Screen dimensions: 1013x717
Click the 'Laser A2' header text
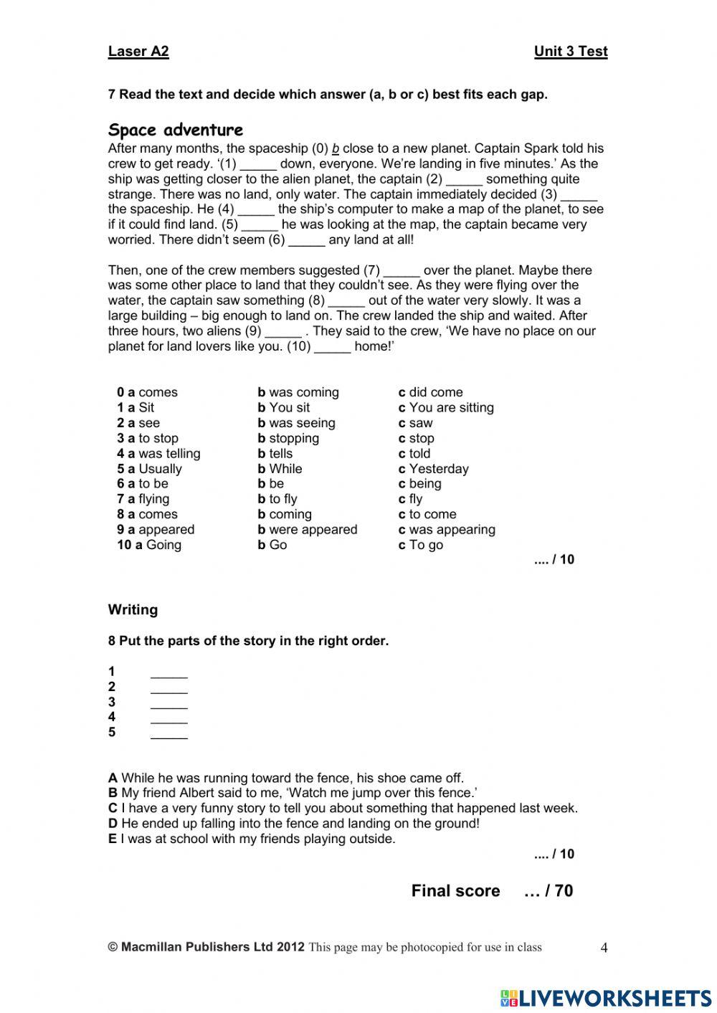138,51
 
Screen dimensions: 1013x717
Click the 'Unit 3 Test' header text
570,51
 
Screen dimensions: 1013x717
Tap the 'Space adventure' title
176,130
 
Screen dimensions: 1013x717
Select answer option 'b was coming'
298,392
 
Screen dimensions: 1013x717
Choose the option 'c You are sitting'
446,407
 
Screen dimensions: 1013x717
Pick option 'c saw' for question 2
416,423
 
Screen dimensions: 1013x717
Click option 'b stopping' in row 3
288,438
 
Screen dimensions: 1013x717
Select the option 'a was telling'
158,453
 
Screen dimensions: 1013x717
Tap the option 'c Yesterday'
433,469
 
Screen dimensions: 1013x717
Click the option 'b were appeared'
308,530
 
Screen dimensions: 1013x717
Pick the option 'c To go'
421,545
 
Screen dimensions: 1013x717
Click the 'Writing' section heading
133,610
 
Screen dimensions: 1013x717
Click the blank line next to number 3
169,703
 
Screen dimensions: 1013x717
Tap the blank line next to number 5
169,733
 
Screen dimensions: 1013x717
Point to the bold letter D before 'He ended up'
113,824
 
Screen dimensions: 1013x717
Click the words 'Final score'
455,891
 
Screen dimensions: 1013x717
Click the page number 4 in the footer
604,948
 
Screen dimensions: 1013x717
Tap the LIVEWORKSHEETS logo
606,997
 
